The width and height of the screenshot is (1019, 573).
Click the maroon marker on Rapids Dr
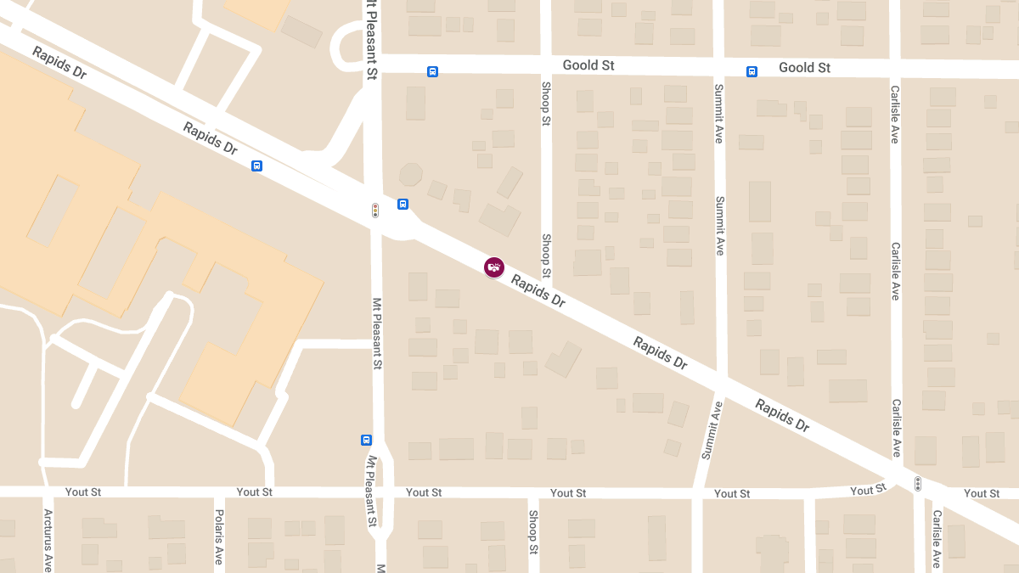click(494, 267)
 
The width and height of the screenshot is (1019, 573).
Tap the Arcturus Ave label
click(48, 540)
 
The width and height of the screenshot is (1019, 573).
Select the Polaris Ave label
click(219, 536)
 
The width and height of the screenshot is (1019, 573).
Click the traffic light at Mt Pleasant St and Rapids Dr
click(375, 210)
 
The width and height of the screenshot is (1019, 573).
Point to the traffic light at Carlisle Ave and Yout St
click(917, 484)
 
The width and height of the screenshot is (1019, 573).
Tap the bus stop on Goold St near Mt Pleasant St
click(433, 72)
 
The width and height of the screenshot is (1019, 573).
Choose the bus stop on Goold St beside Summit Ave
click(752, 72)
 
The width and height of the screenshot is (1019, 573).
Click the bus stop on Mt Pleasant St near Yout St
click(367, 440)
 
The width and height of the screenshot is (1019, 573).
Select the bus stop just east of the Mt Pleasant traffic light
click(403, 204)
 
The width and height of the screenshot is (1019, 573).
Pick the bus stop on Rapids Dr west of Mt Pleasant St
click(256, 166)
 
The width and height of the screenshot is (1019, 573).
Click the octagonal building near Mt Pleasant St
click(411, 174)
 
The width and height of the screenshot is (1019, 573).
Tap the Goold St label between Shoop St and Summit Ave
click(588, 65)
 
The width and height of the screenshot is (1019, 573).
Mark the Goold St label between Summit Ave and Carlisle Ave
click(804, 68)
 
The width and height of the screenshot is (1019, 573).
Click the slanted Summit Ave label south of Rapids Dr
click(712, 430)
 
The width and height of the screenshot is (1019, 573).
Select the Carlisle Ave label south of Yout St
click(937, 538)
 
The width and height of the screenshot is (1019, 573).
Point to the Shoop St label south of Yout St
click(533, 531)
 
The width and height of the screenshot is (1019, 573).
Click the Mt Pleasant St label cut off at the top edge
click(371, 38)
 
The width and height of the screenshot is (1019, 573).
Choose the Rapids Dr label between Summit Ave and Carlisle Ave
click(782, 416)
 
